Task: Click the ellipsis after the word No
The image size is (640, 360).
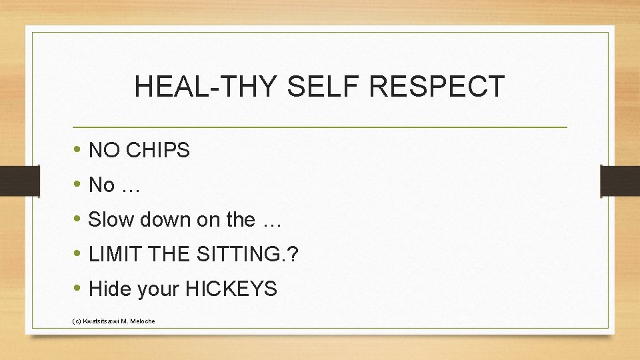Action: [130, 185]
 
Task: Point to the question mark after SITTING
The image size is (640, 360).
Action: [294, 254]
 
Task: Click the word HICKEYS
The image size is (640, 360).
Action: [231, 289]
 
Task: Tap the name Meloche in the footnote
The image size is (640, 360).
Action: [142, 321]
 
